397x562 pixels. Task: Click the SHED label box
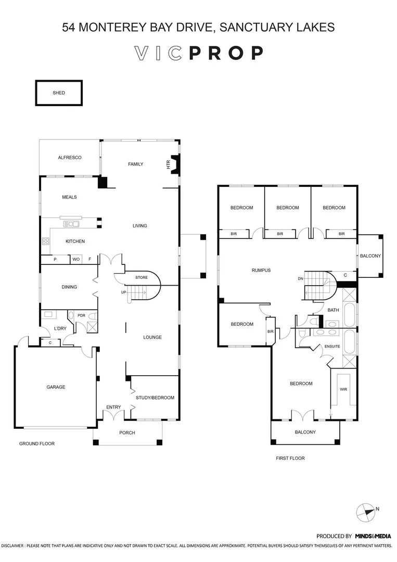click(59, 93)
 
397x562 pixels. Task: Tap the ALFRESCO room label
click(69, 157)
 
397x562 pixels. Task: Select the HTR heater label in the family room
click(168, 164)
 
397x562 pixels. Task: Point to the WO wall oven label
click(76, 259)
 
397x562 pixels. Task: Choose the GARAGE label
click(56, 387)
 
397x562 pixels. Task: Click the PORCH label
click(127, 432)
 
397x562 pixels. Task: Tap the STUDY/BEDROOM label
click(155, 398)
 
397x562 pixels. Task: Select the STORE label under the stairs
click(142, 278)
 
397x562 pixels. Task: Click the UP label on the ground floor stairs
click(124, 292)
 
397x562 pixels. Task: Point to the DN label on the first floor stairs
click(300, 279)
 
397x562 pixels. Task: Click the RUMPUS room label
click(261, 270)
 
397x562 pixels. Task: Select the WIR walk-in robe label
click(343, 389)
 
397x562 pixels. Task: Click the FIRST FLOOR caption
click(290, 458)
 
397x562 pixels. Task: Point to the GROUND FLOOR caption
click(36, 443)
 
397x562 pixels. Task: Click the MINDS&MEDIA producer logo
click(373, 535)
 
